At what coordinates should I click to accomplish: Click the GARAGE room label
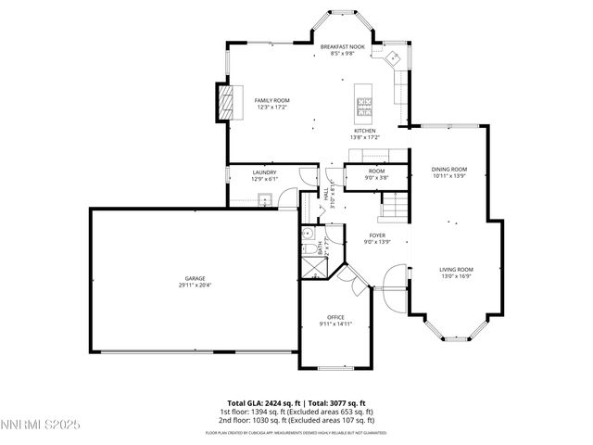click(195, 278)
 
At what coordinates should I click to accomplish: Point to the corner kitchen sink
click(394, 57)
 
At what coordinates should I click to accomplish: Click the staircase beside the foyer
click(396, 205)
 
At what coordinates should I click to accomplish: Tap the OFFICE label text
click(335, 317)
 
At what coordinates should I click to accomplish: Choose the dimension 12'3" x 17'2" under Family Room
click(273, 108)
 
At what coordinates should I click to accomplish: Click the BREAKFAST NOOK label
click(344, 46)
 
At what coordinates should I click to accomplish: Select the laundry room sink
click(265, 197)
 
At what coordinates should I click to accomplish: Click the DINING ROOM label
click(449, 169)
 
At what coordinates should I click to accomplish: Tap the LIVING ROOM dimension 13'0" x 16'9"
click(456, 276)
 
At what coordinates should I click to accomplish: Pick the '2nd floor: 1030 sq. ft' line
click(296, 419)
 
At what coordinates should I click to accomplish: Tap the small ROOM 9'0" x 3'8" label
click(376, 173)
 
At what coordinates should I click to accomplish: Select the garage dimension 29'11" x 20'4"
click(195, 286)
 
